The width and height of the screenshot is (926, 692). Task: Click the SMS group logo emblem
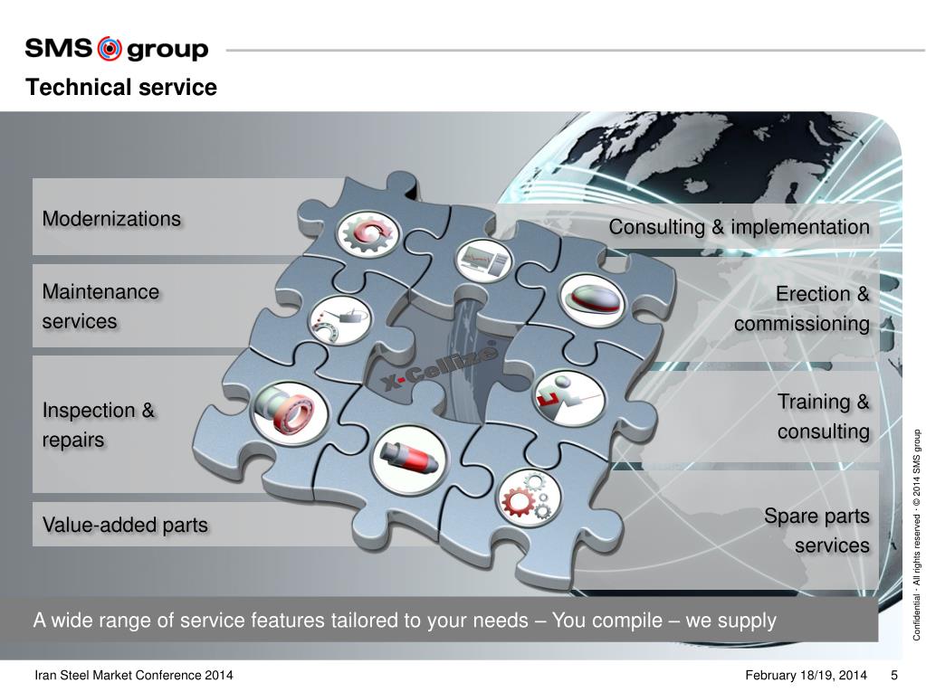click(109, 48)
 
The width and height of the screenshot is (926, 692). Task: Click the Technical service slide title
click(121, 88)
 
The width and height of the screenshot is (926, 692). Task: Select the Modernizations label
click(111, 219)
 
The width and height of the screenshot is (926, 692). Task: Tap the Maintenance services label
click(100, 307)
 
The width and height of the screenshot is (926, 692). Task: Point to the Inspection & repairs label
click(99, 425)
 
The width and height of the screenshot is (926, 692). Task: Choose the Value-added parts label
click(125, 525)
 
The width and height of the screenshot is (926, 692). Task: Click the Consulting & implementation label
click(739, 227)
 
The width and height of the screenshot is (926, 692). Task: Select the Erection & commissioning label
click(802, 308)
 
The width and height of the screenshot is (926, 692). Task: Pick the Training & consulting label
click(823, 416)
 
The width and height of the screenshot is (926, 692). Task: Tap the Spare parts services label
click(816, 531)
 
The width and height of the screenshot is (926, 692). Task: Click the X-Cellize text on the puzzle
click(431, 370)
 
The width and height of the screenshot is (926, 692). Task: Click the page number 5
click(894, 676)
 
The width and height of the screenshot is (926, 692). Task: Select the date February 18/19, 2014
click(807, 676)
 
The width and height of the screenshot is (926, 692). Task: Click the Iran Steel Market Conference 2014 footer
click(134, 676)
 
